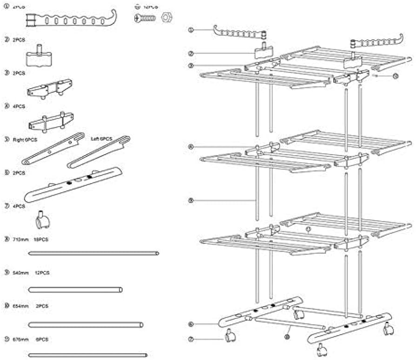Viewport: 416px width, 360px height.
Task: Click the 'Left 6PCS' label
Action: coord(102,139)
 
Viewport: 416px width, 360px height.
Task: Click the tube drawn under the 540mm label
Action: coord(75,289)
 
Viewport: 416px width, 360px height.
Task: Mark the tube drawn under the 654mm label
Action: coord(86,324)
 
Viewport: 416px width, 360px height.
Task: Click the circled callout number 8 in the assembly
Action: coord(191,201)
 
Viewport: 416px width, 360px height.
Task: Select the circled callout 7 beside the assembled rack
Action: coord(191,340)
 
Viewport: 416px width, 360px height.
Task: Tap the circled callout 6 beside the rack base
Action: coord(191,323)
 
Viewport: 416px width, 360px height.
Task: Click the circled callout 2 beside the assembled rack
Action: coord(191,53)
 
